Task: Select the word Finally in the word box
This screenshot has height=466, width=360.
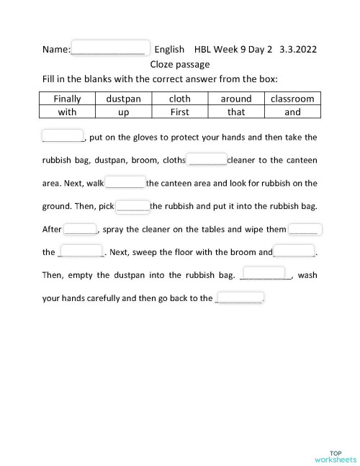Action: point(68,99)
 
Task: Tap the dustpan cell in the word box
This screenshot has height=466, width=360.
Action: point(124,99)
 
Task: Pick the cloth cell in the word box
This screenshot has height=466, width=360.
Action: point(179,99)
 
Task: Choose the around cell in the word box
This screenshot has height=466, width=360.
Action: point(235,99)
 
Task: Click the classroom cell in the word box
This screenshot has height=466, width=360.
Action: point(292,99)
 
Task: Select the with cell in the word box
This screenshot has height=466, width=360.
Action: point(68,112)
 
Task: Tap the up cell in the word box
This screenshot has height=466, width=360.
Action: point(124,112)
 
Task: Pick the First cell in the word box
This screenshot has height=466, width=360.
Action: point(179,112)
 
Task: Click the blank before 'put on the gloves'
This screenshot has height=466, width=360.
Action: point(63,136)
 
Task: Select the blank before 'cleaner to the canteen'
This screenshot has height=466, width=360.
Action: point(207,159)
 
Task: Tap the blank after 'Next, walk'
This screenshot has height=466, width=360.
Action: point(125,182)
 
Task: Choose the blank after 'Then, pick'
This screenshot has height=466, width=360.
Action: point(133,206)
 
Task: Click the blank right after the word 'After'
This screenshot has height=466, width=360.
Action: point(81,229)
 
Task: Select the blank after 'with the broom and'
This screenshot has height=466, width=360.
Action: point(294,251)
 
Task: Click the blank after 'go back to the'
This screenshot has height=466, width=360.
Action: point(240,297)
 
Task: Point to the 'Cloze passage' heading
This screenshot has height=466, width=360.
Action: point(180,64)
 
